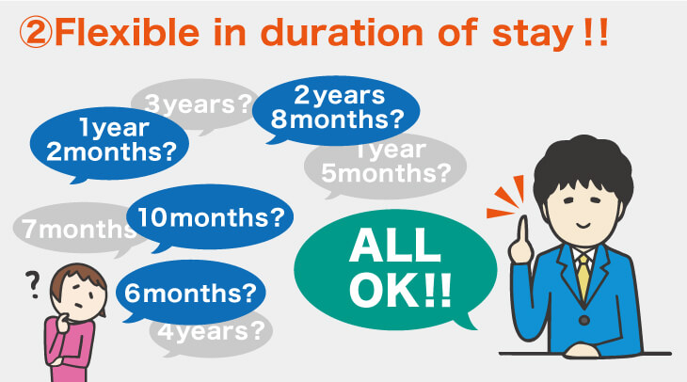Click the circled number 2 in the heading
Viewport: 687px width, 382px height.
33,35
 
